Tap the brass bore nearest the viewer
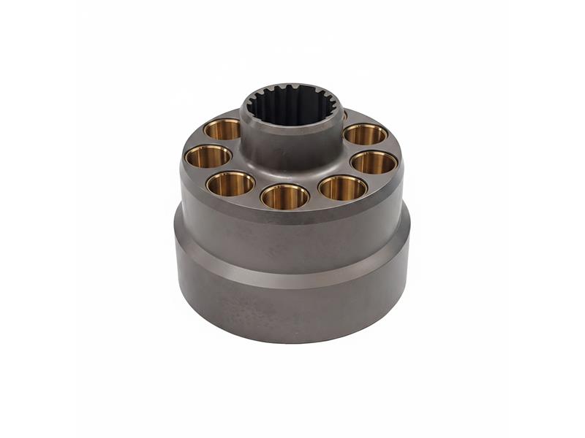pos(284,196)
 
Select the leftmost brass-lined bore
pos(208,155)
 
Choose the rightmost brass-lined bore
pos(374,162)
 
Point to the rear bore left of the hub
pos(222,129)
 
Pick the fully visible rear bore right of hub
pos(365,134)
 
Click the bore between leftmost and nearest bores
pos(230,183)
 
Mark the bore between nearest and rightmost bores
pos(342,188)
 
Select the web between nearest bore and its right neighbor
pos(314,196)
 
